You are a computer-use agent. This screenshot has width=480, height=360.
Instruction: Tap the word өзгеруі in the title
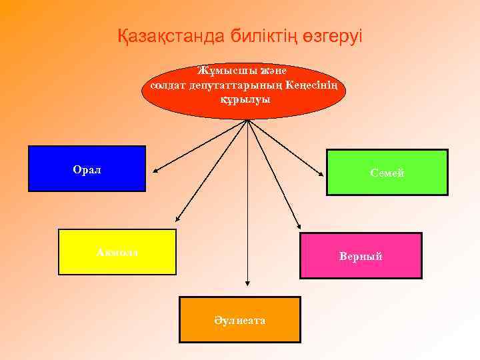point(333,36)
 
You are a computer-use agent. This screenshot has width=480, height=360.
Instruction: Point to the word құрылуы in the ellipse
point(245,99)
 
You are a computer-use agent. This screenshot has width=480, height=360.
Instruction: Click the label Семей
point(387,173)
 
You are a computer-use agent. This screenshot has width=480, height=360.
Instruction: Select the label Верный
point(361,256)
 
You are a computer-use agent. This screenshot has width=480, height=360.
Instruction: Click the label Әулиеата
point(240,321)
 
